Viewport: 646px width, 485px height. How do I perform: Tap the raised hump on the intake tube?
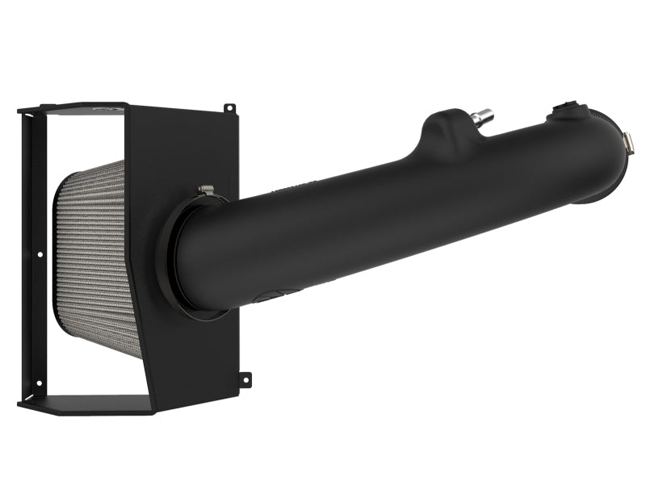point(441,129)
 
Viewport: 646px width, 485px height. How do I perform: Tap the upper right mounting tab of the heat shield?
point(229,107)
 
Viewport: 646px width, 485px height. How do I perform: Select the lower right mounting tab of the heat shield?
point(244,377)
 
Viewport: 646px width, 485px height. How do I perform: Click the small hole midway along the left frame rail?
point(40,255)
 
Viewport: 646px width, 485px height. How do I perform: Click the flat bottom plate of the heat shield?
point(89,403)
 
